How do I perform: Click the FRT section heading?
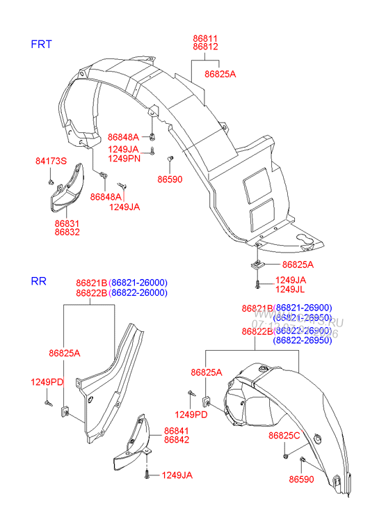(42, 44)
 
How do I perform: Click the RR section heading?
(38, 281)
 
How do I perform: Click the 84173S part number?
(51, 161)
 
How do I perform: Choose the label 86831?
(67, 223)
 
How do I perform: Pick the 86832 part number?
(67, 232)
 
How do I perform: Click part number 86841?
(177, 432)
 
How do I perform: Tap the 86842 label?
(177, 441)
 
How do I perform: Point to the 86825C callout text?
(284, 435)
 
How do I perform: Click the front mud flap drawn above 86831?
(66, 187)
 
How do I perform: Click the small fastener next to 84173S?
(52, 182)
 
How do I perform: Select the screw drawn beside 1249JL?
(257, 283)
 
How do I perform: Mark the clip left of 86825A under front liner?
(256, 264)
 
